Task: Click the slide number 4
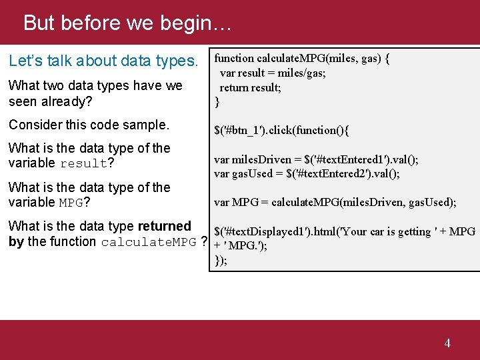[x=447, y=343]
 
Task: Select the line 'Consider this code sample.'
[x=89, y=125]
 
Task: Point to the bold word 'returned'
[x=165, y=227]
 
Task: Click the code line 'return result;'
[x=251, y=87]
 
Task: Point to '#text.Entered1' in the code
[x=351, y=159]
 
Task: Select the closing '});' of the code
[x=221, y=260]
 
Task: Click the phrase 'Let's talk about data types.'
[x=103, y=61]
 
